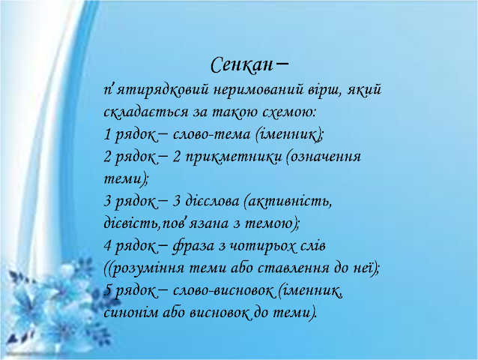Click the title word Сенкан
(241, 65)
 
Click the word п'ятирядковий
(156, 91)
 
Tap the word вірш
(324, 91)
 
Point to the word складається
(146, 112)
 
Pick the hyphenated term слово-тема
(211, 134)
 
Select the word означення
(324, 157)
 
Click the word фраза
(193, 246)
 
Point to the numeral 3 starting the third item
(107, 202)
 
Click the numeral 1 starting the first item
(106, 134)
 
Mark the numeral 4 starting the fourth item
(107, 246)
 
